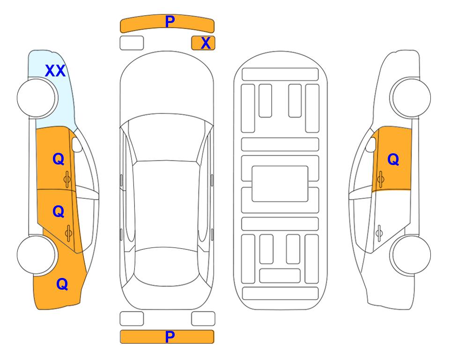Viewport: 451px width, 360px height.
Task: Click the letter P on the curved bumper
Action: coord(170,21)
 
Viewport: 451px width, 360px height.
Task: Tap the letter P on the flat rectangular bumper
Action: coord(170,337)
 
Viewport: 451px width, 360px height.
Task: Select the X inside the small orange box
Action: coord(206,43)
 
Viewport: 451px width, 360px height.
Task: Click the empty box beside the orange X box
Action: coord(132,43)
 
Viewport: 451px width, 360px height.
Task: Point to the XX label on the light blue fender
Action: coord(55,71)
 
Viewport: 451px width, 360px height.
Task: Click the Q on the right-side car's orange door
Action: coord(393,159)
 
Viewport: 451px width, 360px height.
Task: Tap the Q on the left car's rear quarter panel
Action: coord(62,284)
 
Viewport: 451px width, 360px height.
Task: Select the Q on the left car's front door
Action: coord(59,159)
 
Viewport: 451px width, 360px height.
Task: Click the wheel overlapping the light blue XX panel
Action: coord(37,98)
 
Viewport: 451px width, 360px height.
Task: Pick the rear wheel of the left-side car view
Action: coord(37,255)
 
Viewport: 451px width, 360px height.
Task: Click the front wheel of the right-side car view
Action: coord(410,98)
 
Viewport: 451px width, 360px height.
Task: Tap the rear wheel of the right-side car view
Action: coord(410,255)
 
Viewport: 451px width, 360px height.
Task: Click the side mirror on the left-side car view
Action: coord(77,144)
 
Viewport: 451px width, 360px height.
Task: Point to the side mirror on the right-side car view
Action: coord(371,144)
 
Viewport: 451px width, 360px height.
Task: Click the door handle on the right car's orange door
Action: coord(381,179)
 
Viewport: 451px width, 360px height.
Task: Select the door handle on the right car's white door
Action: coord(379,233)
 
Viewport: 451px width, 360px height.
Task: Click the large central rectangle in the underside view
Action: coord(280,184)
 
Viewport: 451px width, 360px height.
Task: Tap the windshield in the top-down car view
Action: coord(167,138)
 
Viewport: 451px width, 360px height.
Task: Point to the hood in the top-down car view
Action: coord(167,86)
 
